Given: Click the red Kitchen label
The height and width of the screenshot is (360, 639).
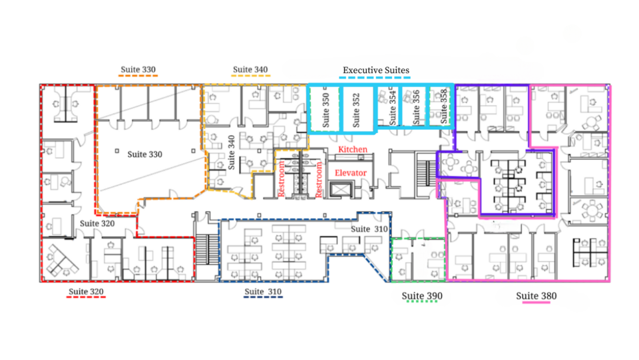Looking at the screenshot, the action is coord(353,150).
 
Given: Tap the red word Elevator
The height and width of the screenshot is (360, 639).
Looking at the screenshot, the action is coord(351,172).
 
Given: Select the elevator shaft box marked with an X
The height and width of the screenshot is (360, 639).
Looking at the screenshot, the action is coord(340,190).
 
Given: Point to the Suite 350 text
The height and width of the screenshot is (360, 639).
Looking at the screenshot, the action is coord(325,110).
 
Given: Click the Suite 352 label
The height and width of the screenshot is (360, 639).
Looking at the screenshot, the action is coord(355,110).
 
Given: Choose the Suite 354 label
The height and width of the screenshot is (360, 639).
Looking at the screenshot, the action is coord(393,108).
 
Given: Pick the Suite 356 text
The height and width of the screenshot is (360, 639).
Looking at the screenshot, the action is coord(415,108).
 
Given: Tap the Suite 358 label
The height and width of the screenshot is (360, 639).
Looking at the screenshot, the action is coord(444,106).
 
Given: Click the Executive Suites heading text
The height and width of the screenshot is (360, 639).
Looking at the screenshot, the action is coord(375,70).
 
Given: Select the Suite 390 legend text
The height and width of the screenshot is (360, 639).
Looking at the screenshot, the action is coord(422,295).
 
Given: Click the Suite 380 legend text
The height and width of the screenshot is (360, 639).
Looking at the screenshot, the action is coord(536,295).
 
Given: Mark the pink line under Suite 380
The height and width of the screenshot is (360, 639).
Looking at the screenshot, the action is coord(536,303).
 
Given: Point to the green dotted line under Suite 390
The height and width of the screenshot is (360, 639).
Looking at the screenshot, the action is coord(422,301).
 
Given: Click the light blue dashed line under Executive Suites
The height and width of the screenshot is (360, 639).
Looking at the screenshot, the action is coord(375,77).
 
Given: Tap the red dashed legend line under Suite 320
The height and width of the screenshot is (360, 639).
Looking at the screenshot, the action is coord(86,297).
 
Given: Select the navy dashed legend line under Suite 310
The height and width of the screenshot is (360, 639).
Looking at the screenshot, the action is coord(263,297).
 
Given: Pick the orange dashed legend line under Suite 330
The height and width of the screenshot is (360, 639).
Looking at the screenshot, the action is coord(138,75).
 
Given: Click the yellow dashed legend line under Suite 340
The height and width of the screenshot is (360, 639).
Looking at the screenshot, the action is coord(251,75).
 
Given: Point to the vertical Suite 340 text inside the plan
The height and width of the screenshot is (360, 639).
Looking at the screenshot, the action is coord(232,152).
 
